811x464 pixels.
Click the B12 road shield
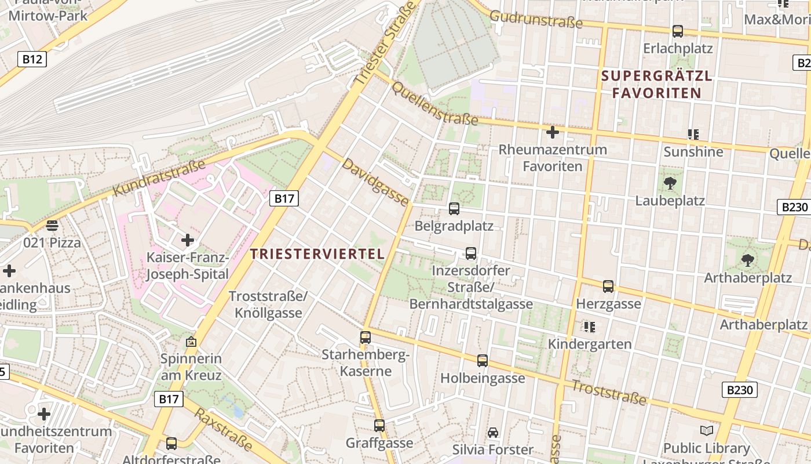[x=31, y=59]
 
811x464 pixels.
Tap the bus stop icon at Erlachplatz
[x=677, y=31]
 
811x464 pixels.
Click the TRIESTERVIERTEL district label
[x=317, y=254]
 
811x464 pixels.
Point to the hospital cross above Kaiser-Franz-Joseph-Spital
[x=188, y=240]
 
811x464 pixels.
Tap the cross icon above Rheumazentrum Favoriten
[x=553, y=132]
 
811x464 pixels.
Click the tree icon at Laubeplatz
[x=670, y=184]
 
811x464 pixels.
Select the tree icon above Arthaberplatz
[x=748, y=260]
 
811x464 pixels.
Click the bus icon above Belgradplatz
[x=454, y=208]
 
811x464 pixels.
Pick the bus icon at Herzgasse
[x=608, y=286]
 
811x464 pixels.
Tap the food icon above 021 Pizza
[x=52, y=226]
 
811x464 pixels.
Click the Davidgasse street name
[x=375, y=182]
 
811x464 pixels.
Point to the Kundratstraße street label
[x=159, y=177]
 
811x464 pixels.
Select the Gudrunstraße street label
[x=536, y=19]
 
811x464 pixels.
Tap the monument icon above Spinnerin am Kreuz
[x=191, y=342]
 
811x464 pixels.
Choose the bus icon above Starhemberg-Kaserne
[x=365, y=337]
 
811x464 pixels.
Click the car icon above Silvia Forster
[x=493, y=432]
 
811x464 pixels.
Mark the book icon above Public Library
[x=706, y=430]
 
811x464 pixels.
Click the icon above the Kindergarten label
[x=590, y=327]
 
